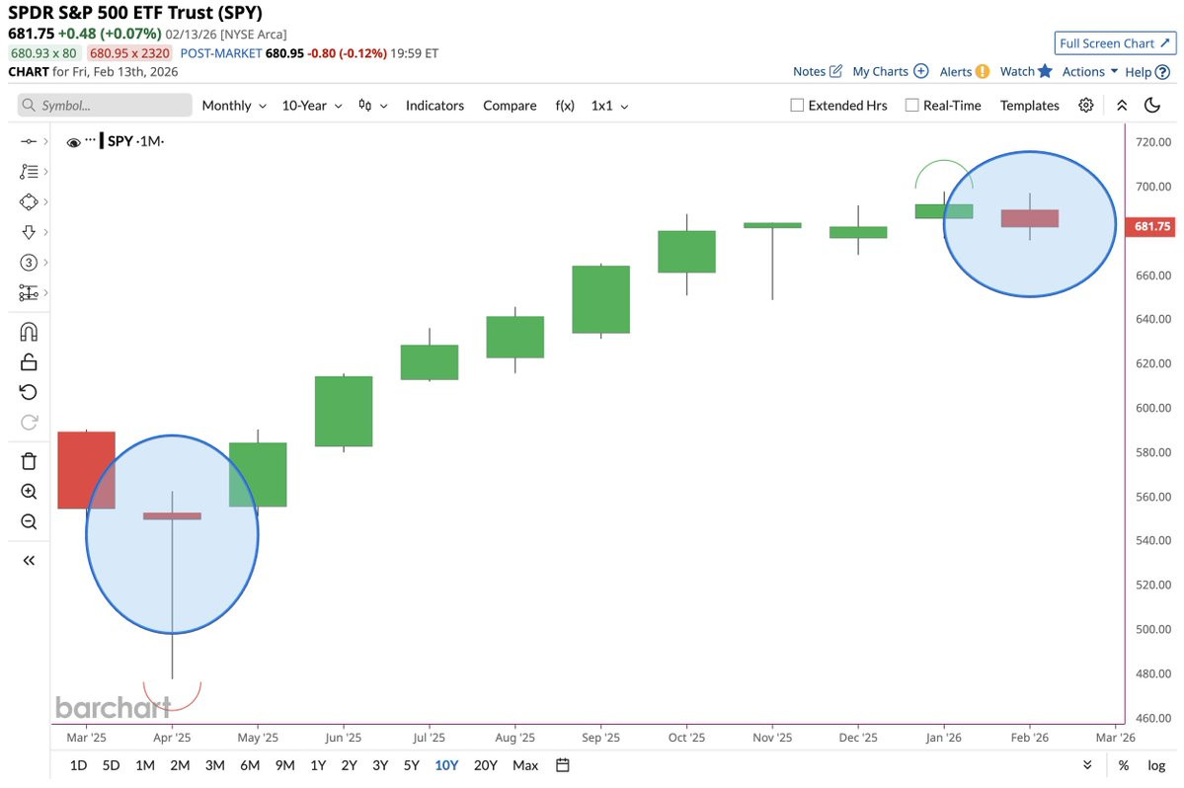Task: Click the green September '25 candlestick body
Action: click(x=600, y=299)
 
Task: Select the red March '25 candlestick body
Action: click(x=86, y=469)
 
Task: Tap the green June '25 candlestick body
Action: click(x=344, y=411)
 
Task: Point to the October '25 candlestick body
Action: click(x=686, y=252)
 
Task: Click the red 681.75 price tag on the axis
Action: click(x=1150, y=226)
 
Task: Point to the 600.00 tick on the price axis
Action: click(x=1153, y=408)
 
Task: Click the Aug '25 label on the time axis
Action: click(x=515, y=738)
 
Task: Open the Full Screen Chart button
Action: click(x=1115, y=43)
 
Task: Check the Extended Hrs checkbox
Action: click(x=797, y=106)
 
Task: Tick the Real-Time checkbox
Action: click(x=912, y=106)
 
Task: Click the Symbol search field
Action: click(x=105, y=106)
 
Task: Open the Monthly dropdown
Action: click(x=234, y=106)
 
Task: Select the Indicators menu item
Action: click(x=434, y=106)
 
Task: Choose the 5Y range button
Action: click(x=412, y=765)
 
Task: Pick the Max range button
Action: click(x=525, y=765)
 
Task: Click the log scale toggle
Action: click(x=1156, y=765)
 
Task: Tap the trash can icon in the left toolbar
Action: click(x=29, y=461)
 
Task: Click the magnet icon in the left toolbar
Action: click(x=29, y=332)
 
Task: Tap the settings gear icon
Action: click(x=1086, y=105)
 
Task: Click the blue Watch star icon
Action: click(x=1045, y=71)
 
